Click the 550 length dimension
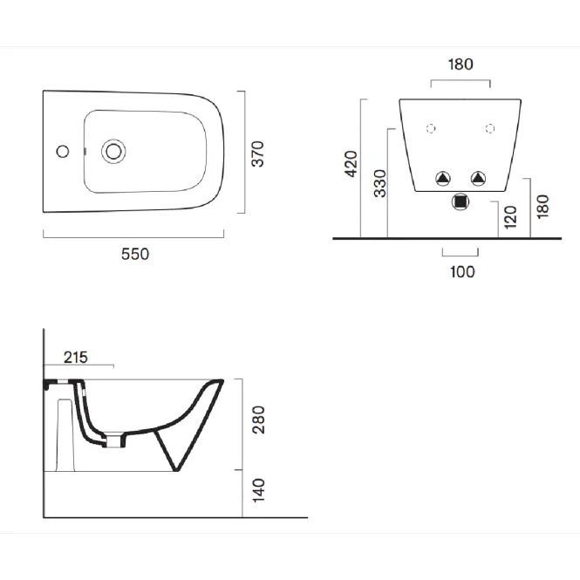click(x=135, y=254)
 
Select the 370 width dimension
click(x=258, y=154)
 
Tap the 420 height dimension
click(x=351, y=164)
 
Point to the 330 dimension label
click(x=380, y=183)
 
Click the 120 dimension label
click(x=510, y=217)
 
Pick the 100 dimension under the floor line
click(x=462, y=272)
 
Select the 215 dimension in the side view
click(x=76, y=358)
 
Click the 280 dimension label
click(x=258, y=420)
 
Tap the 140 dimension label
click(x=258, y=491)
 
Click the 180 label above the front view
click(x=461, y=65)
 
